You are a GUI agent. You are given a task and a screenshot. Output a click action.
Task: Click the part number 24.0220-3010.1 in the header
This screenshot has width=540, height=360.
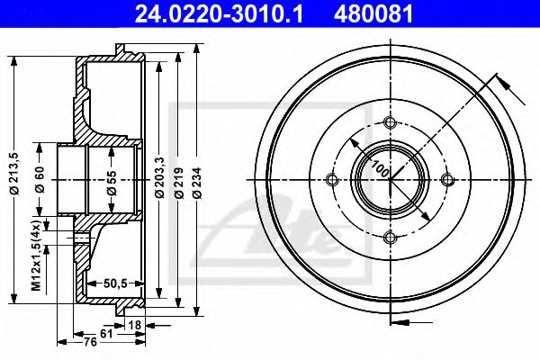click(219, 13)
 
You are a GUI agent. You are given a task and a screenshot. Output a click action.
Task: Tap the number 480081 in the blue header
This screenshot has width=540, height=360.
click(373, 13)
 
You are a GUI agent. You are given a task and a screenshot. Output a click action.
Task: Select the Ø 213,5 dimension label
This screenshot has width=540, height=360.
click(15, 174)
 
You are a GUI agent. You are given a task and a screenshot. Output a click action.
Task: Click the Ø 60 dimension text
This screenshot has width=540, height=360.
click(40, 179)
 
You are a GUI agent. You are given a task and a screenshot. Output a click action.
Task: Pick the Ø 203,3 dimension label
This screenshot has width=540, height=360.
click(159, 176)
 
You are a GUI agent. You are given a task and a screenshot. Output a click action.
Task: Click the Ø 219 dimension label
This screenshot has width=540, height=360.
click(178, 183)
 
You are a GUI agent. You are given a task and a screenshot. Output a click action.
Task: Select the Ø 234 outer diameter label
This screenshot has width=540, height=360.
click(197, 183)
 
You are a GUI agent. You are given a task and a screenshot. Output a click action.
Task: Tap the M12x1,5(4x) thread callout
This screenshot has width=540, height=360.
click(37, 254)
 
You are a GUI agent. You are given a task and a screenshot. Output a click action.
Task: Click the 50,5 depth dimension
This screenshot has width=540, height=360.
click(115, 283)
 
